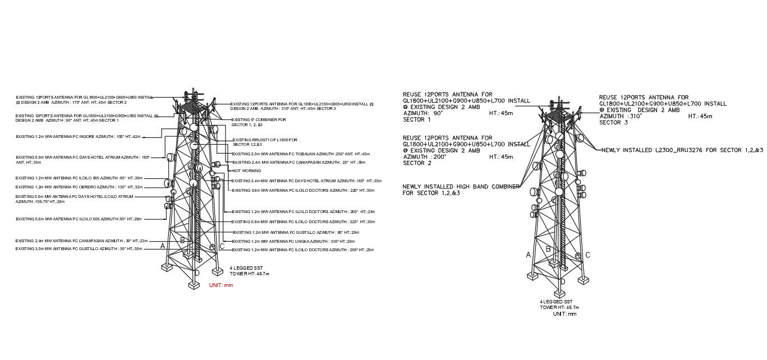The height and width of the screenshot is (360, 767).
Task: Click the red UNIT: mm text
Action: pyautogui.click(x=221, y=285)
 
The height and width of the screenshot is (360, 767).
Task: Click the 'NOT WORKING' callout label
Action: pyautogui.click(x=246, y=170)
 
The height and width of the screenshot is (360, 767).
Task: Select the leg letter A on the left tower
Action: pyautogui.click(x=163, y=246)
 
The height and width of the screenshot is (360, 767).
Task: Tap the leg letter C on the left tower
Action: pyautogui.click(x=222, y=246)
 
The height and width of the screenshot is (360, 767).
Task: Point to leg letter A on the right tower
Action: pyautogui.click(x=528, y=255)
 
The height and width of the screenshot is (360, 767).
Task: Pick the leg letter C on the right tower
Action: pyautogui.click(x=587, y=255)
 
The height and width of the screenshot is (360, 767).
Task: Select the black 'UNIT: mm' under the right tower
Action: pyautogui.click(x=564, y=314)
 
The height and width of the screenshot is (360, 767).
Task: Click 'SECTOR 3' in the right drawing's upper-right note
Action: pyautogui.click(x=613, y=122)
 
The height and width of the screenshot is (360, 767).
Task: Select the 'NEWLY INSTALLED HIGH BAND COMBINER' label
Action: pyautogui.click(x=461, y=186)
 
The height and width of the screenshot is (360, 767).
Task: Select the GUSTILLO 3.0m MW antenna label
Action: pyautogui.click(x=81, y=248)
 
